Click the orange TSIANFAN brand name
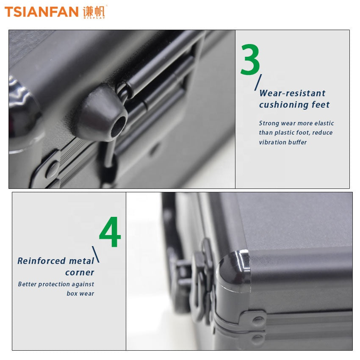click(x=42, y=12)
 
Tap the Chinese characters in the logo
click(x=94, y=11)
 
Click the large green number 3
click(x=250, y=59)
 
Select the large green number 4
click(x=110, y=232)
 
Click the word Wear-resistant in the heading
click(x=292, y=93)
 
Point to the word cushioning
click(x=283, y=105)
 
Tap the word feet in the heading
click(x=321, y=105)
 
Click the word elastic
click(x=324, y=123)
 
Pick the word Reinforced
click(x=42, y=261)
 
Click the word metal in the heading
click(x=81, y=261)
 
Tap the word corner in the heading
click(x=80, y=272)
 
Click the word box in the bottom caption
click(x=72, y=294)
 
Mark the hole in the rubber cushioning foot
click(x=119, y=126)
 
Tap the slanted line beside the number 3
click(x=258, y=83)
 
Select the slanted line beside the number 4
click(x=96, y=255)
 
